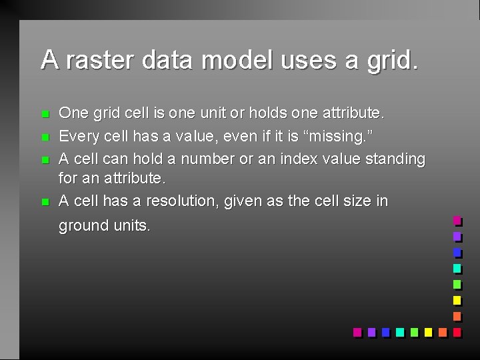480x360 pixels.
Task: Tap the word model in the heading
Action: (x=237, y=60)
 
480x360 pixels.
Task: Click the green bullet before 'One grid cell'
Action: (x=45, y=113)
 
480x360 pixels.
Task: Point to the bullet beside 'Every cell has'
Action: (x=45, y=137)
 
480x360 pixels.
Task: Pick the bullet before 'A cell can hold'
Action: (x=45, y=160)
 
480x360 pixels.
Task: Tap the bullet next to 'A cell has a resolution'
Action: (x=45, y=202)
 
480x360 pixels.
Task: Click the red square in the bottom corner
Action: (x=457, y=331)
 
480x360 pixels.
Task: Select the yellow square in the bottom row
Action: (x=427, y=331)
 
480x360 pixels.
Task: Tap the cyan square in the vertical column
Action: (x=457, y=268)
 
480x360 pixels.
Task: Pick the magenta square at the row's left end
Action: (x=357, y=331)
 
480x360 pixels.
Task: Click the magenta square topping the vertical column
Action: (x=457, y=220)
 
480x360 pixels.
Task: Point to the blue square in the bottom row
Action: (x=385, y=331)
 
